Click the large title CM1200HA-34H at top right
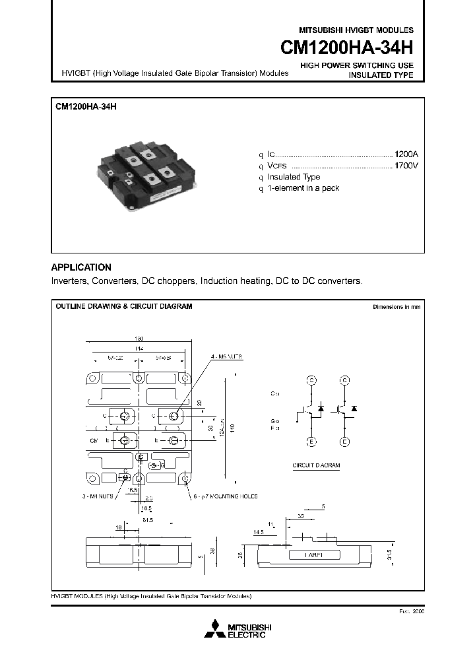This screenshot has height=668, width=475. (x=347, y=49)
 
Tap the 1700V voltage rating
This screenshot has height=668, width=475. (x=406, y=165)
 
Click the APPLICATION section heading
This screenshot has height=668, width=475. (x=81, y=267)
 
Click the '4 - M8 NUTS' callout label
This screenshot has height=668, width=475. (x=226, y=356)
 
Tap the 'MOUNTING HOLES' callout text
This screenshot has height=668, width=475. (x=235, y=496)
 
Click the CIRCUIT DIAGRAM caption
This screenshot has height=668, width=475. (x=316, y=465)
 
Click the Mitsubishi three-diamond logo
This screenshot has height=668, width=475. (x=214, y=629)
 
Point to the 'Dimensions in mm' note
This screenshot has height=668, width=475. (x=396, y=307)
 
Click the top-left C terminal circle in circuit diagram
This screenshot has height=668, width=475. (x=312, y=380)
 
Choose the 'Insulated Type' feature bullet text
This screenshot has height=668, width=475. (x=294, y=177)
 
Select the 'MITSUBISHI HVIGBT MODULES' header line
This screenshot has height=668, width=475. (x=356, y=30)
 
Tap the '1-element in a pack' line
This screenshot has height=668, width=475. (x=303, y=188)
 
